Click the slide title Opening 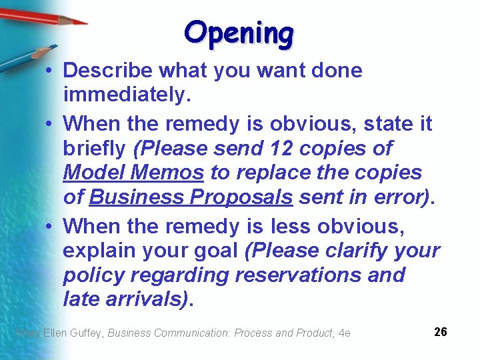coord(239,33)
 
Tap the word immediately coord(127,95)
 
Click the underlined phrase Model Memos coord(133,173)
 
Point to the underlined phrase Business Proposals coord(191,197)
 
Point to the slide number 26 coord(440,331)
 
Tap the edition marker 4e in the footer coord(345,333)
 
